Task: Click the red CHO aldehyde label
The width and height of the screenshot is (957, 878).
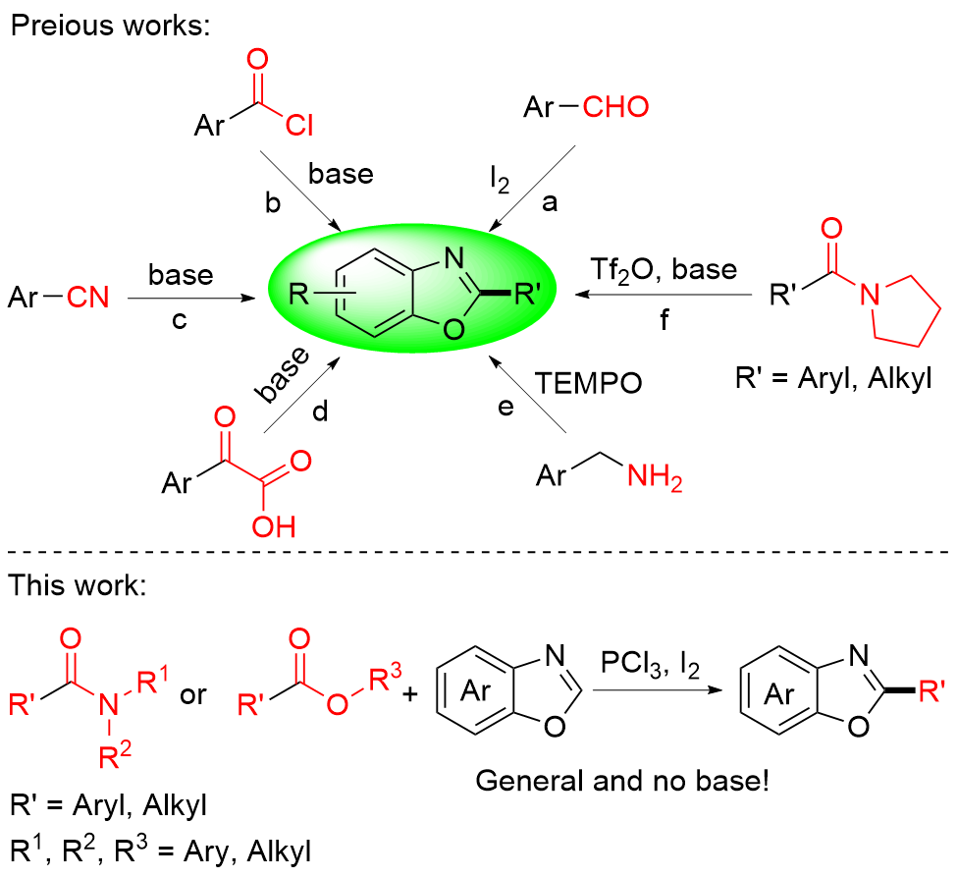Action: (x=614, y=106)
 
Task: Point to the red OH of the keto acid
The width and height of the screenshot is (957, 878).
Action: (x=272, y=527)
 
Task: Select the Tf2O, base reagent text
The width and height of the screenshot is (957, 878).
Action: (x=665, y=268)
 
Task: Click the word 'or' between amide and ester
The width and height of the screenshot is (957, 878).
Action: (x=194, y=695)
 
